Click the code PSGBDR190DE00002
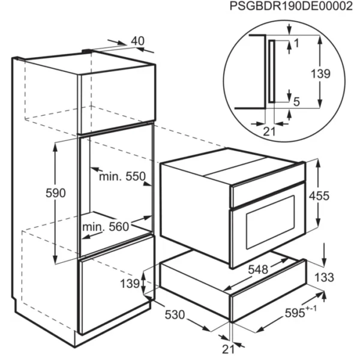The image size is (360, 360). pyautogui.click(x=291, y=6)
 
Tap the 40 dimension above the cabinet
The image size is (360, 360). pyautogui.click(x=138, y=41)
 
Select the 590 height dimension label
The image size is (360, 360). pyautogui.click(x=56, y=193)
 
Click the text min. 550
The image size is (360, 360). pyautogui.click(x=122, y=177)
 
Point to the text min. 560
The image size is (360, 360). pyautogui.click(x=106, y=227)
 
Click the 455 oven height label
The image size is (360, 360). pyautogui.click(x=319, y=196)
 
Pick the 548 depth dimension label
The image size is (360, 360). pyautogui.click(x=258, y=269)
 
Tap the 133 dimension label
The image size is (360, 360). pyautogui.click(x=324, y=277)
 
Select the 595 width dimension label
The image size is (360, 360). pyautogui.click(x=295, y=313)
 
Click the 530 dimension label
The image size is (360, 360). pyautogui.click(x=175, y=314)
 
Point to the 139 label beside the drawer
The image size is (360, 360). pyautogui.click(x=130, y=284)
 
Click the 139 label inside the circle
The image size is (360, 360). pyautogui.click(x=320, y=74)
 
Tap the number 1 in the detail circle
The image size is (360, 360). pyautogui.click(x=296, y=43)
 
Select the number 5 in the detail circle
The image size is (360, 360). pyautogui.click(x=296, y=102)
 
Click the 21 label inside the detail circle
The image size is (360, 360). pyautogui.click(x=269, y=132)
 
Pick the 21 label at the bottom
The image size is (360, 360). pyautogui.click(x=228, y=349)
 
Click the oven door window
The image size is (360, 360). pyautogui.click(x=271, y=222)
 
